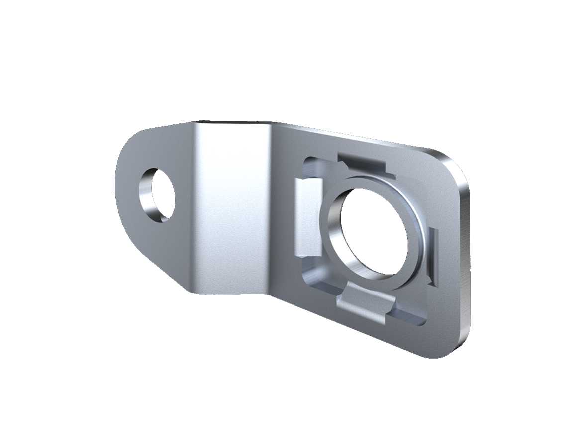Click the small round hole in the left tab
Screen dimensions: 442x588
tap(158, 195)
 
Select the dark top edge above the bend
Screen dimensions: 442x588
tap(234, 122)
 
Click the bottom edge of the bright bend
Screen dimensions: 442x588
tap(229, 292)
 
